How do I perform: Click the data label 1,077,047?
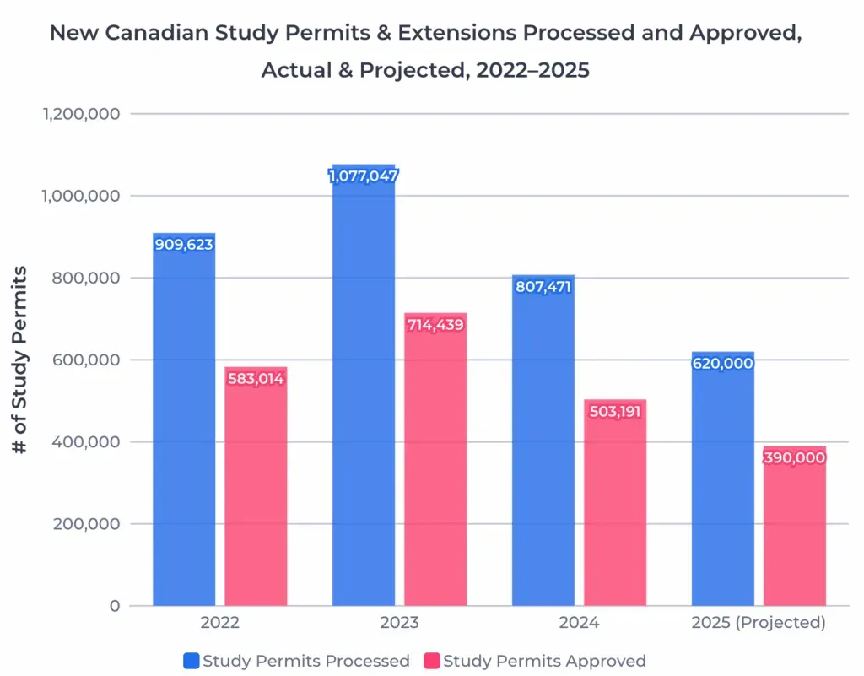tap(364, 176)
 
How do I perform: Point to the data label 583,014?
tap(256, 379)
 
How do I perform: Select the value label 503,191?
tap(615, 413)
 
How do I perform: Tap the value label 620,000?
tap(723, 364)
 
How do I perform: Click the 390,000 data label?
tap(795, 458)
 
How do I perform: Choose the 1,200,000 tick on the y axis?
tap(81, 114)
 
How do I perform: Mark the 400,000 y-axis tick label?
tap(86, 442)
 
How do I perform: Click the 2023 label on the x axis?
tap(399, 624)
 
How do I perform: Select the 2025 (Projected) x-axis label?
tap(758, 624)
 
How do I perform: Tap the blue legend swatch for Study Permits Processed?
tap(191, 661)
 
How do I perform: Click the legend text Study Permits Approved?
tap(544, 661)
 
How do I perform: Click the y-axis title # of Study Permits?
tap(20, 360)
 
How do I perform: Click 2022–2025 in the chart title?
tap(532, 70)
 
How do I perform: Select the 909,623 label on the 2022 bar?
tap(184, 245)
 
